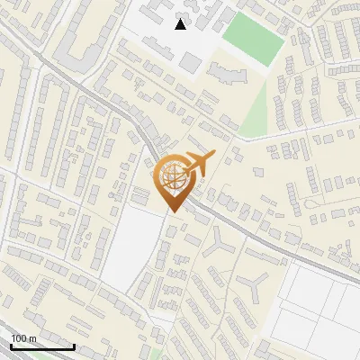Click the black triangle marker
click(x=181, y=24)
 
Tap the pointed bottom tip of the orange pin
click(x=173, y=212)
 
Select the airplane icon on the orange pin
click(x=197, y=164)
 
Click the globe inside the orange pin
click(x=172, y=178)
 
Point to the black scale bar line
click(x=42, y=347)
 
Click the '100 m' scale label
click(x=24, y=338)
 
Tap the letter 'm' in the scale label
click(x=34, y=339)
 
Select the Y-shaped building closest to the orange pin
click(x=220, y=243)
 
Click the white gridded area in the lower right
click(x=319, y=301)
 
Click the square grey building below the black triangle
click(x=190, y=62)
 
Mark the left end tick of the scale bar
click(x=11, y=346)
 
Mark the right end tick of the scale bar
click(x=74, y=346)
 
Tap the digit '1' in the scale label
click(x=13, y=338)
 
